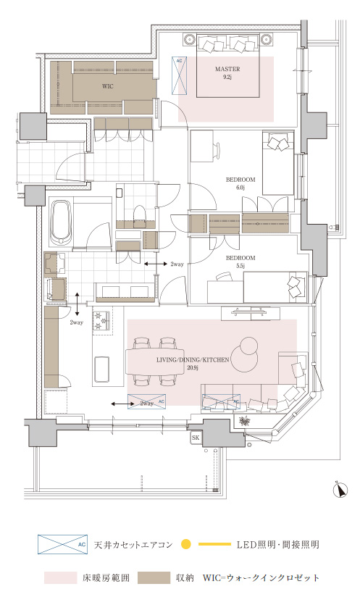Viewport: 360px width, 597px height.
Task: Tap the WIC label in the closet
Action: (108, 86)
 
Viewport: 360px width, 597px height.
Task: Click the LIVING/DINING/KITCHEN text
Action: (193, 359)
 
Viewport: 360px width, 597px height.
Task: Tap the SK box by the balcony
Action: (196, 438)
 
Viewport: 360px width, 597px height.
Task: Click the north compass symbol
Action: (339, 490)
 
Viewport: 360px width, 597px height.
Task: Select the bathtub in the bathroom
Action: (62, 222)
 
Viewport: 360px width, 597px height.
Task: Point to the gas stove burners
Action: (102, 320)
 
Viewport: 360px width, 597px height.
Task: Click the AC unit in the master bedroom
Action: (180, 75)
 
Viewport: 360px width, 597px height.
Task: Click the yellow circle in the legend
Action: (185, 544)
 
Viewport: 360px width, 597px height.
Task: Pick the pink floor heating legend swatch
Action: (60, 577)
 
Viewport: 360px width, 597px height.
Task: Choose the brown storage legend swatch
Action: (154, 577)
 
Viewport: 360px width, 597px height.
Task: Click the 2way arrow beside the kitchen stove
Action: (77, 304)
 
